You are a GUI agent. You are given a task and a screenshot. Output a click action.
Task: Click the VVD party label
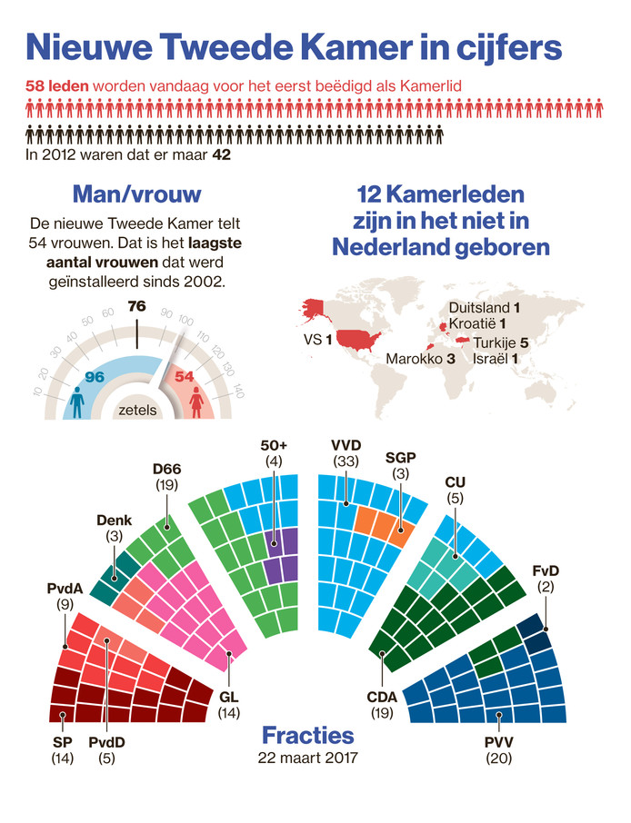click(347, 445)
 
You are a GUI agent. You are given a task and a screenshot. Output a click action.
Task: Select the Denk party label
click(115, 521)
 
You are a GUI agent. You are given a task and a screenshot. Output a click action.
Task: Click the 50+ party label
click(274, 445)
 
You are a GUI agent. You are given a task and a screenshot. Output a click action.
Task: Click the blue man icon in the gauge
click(76, 401)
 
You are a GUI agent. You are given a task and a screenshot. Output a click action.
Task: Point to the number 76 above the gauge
click(136, 306)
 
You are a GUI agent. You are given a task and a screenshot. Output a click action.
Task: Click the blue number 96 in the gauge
click(95, 375)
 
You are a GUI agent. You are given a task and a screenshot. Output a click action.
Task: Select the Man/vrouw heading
click(136, 194)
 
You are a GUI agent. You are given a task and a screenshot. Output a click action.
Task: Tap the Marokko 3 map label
click(420, 359)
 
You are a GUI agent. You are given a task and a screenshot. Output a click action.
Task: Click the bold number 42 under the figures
click(222, 155)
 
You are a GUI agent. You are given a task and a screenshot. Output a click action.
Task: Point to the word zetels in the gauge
click(137, 410)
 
